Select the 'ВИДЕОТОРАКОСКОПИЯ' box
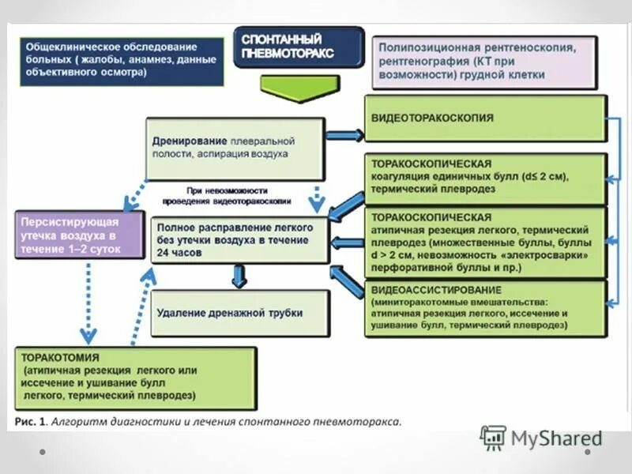click(485, 118)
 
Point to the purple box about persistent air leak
click(78, 235)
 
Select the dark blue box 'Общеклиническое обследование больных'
click(118, 59)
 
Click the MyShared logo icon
click(493, 438)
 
